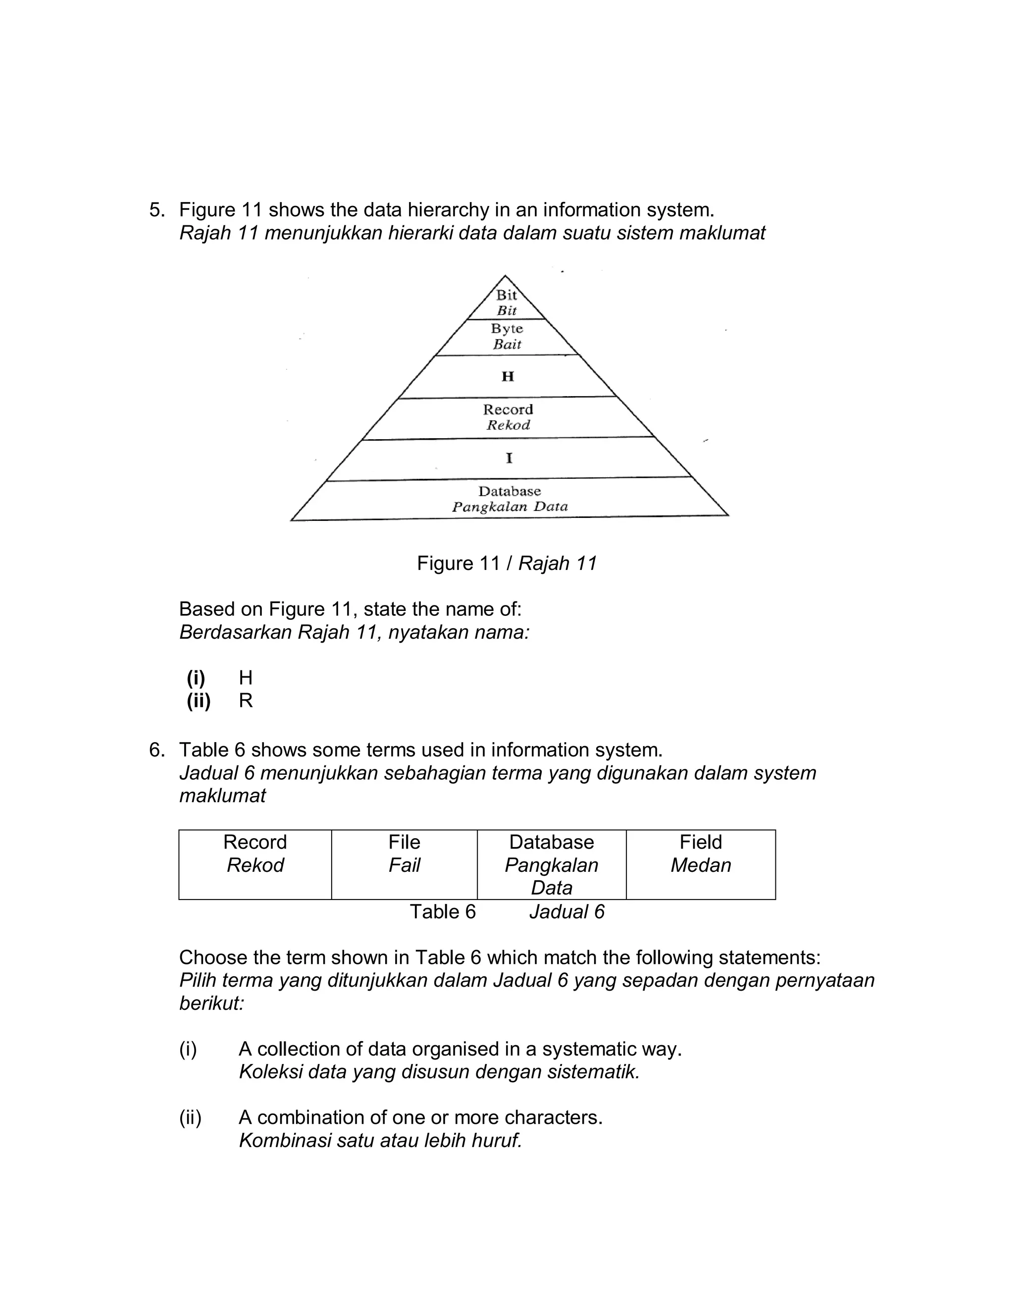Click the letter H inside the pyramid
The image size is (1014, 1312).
(x=507, y=377)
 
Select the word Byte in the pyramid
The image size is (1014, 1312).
(x=507, y=329)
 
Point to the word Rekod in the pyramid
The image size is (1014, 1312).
(x=508, y=425)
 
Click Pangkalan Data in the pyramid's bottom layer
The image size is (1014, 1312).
(x=509, y=506)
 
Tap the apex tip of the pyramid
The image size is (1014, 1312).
(x=505, y=276)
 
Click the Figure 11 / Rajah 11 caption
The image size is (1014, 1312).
(x=507, y=563)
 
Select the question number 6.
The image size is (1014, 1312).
(x=155, y=750)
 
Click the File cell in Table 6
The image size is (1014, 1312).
(x=405, y=853)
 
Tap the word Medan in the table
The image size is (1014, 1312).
(x=701, y=865)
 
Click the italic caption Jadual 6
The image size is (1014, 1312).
(x=566, y=912)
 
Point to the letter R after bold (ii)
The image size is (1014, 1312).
(x=246, y=701)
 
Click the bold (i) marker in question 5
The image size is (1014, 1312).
(x=196, y=678)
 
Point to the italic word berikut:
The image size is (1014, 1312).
(x=211, y=1003)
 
